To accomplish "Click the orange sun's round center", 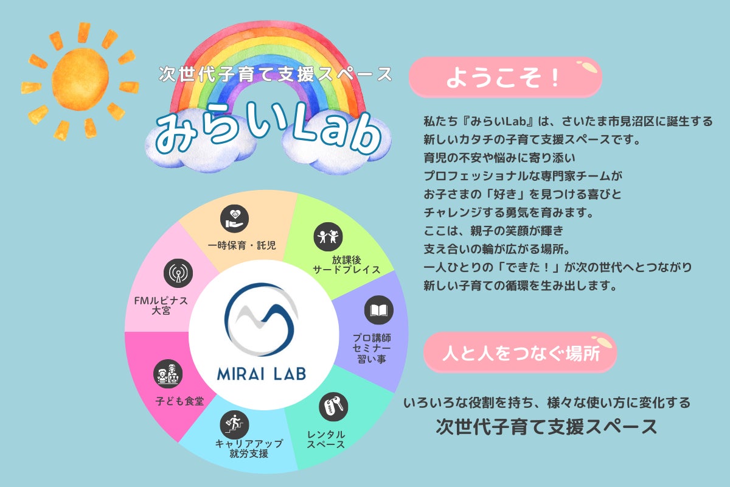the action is coord(80,80).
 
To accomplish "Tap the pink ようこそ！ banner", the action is coord(505,77).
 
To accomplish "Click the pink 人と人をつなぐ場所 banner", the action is coord(520,352).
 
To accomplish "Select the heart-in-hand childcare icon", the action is coord(234,219).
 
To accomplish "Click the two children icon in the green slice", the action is coord(328,236).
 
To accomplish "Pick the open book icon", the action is coord(378,310).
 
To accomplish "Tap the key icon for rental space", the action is coord(333,407).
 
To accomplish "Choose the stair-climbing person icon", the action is coord(234,425).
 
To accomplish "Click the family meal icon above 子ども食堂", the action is coord(168,374).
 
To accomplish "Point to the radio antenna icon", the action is coord(178,273).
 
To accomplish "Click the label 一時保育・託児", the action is coord(242,245).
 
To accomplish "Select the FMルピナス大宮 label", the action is coord(161,306).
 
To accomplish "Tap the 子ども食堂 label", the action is coord(179,401).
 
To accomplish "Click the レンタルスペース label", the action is coord(326,440).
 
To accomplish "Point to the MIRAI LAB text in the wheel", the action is coord(262,374).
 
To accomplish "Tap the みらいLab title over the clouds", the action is coord(268,129).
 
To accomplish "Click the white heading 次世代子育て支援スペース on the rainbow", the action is coord(276,74).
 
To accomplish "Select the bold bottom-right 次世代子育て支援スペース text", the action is coord(546,427).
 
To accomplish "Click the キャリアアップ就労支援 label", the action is coord(249,449).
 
